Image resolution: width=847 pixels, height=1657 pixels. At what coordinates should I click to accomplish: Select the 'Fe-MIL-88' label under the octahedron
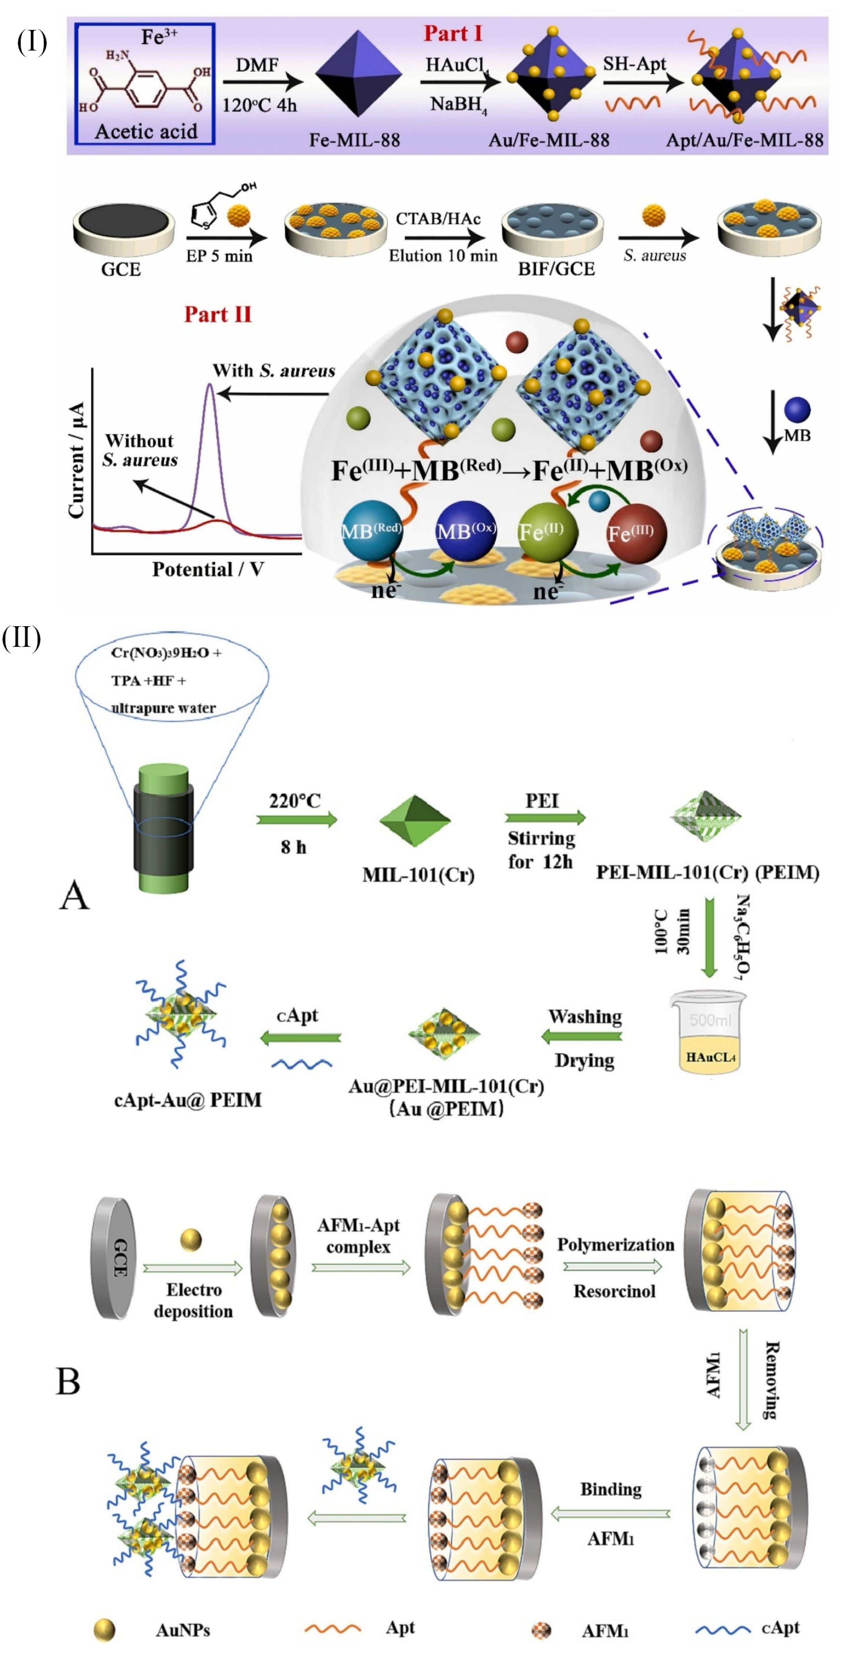(355, 139)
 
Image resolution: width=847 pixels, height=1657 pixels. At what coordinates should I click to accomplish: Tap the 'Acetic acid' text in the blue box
(146, 131)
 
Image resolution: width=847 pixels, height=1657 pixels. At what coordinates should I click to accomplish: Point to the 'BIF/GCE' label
(556, 269)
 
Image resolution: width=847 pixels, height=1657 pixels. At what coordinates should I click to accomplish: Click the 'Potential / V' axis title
(208, 569)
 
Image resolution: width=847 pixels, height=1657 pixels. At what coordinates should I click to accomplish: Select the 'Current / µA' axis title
(77, 460)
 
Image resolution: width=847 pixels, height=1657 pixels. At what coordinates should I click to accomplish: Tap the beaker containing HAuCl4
(709, 1033)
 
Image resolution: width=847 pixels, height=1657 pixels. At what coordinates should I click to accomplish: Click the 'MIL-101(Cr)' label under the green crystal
(418, 875)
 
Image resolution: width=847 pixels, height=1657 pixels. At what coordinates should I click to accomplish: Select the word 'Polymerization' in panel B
(615, 1245)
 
